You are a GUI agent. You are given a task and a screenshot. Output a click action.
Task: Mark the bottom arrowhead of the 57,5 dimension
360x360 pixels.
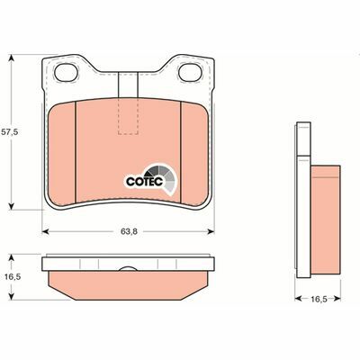click(10, 208)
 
